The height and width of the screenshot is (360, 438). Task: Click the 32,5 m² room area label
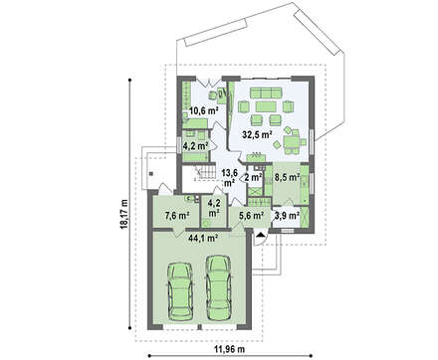click(257, 134)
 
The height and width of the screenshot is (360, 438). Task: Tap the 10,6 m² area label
click(203, 110)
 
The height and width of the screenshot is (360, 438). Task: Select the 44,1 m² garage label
click(203, 238)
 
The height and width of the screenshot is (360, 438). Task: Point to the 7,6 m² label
click(177, 216)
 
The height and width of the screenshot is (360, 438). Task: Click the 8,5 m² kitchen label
click(287, 177)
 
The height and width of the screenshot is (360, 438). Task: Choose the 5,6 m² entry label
click(252, 216)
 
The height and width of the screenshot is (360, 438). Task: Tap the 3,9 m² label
click(288, 216)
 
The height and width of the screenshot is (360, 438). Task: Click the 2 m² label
click(254, 177)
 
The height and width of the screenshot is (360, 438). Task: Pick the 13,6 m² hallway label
click(228, 177)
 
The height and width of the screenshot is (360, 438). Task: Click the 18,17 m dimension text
click(124, 214)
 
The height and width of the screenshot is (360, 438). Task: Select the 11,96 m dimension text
click(230, 349)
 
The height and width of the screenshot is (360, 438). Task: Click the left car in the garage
click(180, 291)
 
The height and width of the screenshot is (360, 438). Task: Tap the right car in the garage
click(219, 287)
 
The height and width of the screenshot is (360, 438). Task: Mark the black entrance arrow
click(261, 235)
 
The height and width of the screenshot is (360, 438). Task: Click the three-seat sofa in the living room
click(266, 92)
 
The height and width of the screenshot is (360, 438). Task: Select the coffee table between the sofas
click(266, 106)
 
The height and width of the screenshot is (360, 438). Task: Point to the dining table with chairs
click(291, 142)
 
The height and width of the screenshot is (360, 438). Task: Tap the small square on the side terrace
click(151, 173)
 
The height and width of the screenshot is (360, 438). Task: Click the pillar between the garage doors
click(199, 327)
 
